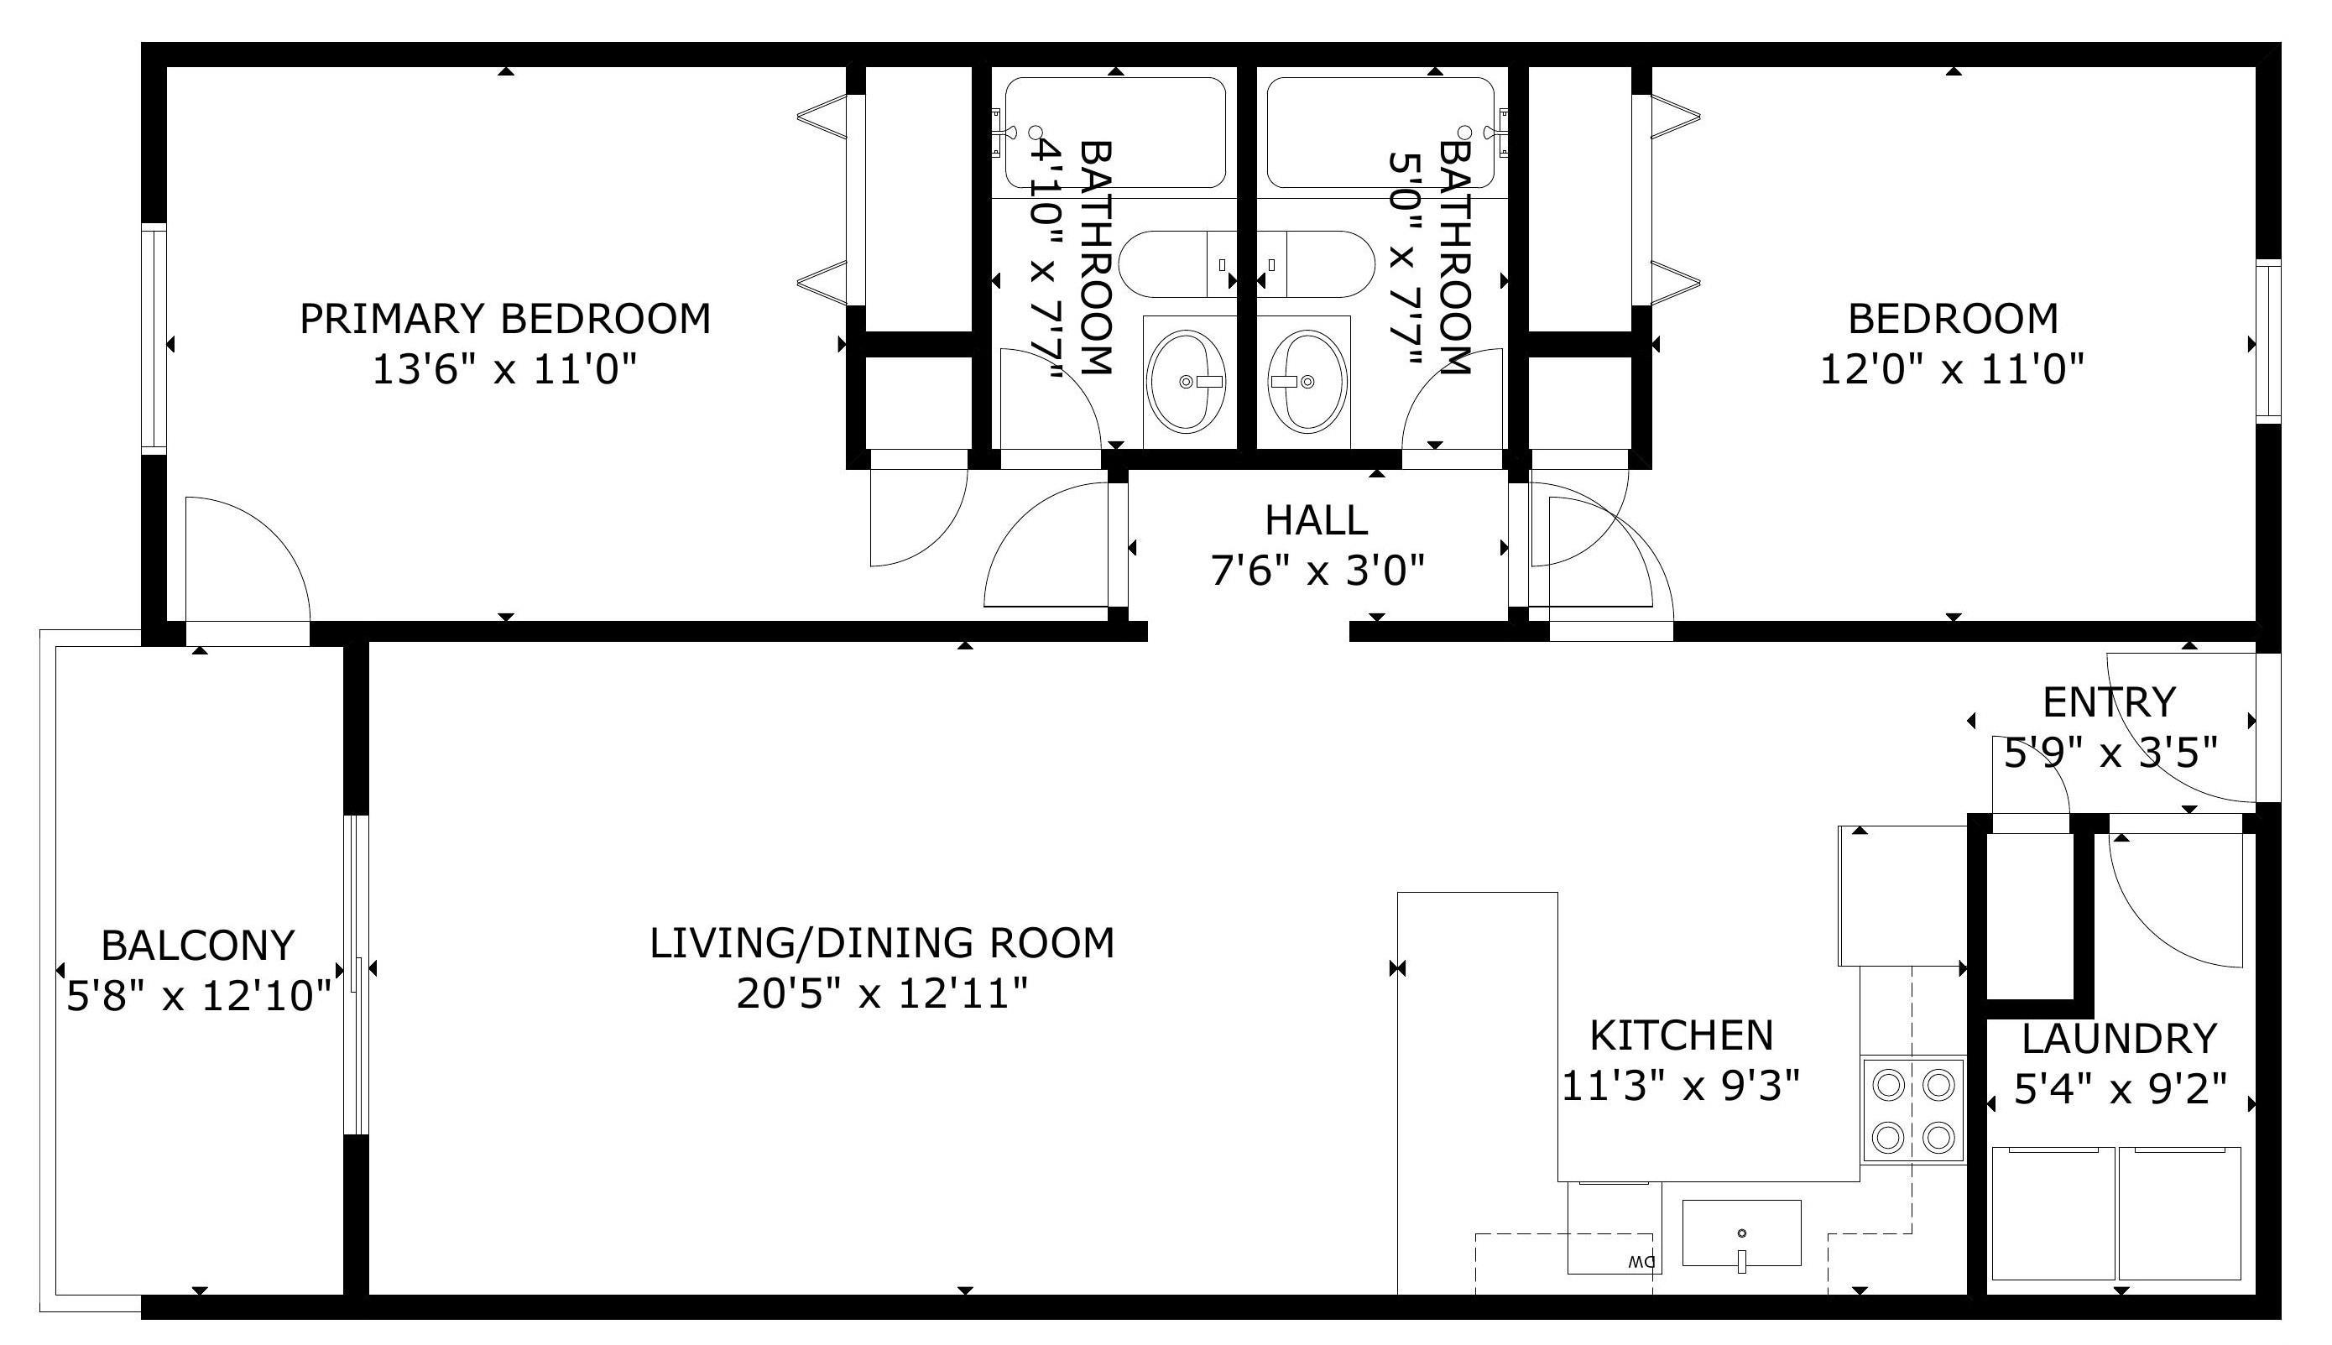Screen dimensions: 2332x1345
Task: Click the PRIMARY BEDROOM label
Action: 505,319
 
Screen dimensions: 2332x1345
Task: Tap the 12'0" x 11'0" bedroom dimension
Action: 1952,370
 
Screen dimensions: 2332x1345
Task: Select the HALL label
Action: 1316,520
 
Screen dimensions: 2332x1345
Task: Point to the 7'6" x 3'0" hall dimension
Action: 1317,571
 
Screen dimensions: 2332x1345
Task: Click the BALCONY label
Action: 198,946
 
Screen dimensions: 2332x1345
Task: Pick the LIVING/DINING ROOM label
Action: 882,943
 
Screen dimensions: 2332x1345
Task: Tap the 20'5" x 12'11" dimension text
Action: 882,995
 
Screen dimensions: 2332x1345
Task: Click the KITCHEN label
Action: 1681,1035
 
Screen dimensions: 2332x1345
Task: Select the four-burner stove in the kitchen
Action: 1912,1108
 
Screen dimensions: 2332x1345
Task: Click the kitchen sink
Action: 1741,1233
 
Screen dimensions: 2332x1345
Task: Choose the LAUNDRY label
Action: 2119,1040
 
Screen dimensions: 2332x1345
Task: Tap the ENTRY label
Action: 2110,703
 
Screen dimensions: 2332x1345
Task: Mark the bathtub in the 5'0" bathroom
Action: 1380,133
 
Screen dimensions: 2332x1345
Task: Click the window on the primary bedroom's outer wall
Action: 154,338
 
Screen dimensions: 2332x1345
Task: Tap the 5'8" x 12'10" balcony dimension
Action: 199,997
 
